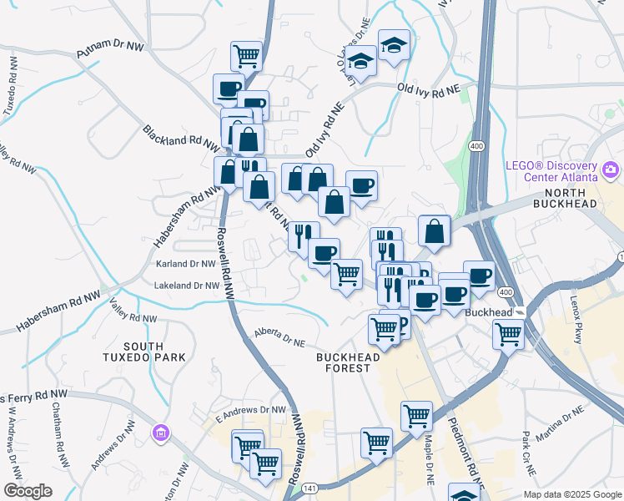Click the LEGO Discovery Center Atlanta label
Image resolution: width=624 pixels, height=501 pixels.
click(x=551, y=171)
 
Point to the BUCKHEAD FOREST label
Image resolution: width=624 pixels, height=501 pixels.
click(x=349, y=362)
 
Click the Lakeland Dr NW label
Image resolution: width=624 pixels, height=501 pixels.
click(x=188, y=286)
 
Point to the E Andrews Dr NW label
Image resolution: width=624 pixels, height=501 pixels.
click(x=250, y=410)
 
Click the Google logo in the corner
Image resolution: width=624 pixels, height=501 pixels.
click(x=28, y=491)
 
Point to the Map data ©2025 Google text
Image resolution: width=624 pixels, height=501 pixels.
click(x=571, y=493)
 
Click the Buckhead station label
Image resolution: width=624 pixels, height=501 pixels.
click(x=487, y=311)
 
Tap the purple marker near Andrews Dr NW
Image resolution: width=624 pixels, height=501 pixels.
click(x=161, y=433)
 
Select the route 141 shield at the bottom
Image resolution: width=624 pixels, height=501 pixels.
click(x=309, y=486)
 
